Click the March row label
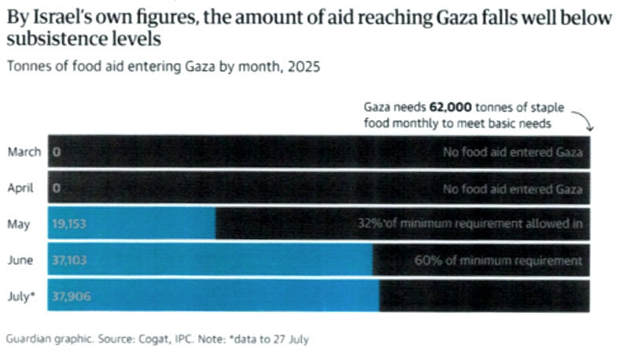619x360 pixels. [24, 152]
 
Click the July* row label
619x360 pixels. [24, 297]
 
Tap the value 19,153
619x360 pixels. [69, 225]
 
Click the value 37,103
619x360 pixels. [69, 261]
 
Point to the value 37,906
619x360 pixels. [69, 297]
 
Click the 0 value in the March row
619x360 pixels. [57, 152]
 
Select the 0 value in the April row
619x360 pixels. [57, 189]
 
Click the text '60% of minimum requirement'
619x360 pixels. [498, 261]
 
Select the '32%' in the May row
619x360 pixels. [366, 225]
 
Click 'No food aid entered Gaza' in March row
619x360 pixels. [513, 152]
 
